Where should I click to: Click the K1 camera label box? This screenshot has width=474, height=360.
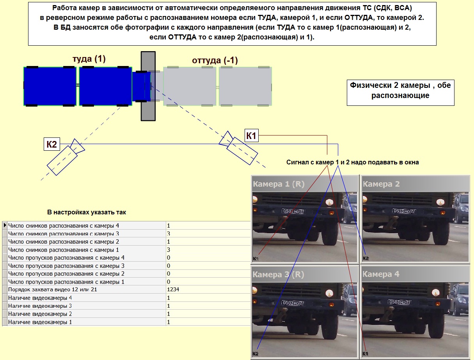point(251,135)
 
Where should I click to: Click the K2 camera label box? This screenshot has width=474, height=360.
point(52,144)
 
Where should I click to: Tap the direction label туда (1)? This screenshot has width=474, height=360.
point(89,59)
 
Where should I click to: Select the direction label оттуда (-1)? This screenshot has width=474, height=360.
point(215,60)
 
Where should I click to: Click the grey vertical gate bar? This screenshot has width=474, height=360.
point(148,86)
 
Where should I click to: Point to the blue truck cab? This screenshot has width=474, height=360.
point(141,86)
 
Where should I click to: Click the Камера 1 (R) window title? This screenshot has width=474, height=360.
point(279,184)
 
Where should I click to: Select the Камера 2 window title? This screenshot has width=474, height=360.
point(381,184)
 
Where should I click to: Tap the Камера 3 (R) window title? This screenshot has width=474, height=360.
point(279,274)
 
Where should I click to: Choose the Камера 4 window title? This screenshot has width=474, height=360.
point(381,274)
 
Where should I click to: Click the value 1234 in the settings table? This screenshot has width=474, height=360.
point(173,289)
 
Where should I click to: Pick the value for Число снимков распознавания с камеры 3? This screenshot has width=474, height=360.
point(169,233)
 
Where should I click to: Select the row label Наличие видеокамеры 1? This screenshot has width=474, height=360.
point(40,322)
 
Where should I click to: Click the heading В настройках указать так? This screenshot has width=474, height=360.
point(86,212)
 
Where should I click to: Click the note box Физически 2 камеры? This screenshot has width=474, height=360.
point(400,93)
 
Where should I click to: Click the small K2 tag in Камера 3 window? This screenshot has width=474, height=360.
point(256,353)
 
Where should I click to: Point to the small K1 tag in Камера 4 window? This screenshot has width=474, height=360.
point(365,353)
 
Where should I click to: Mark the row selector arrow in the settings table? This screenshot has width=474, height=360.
point(5,225)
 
